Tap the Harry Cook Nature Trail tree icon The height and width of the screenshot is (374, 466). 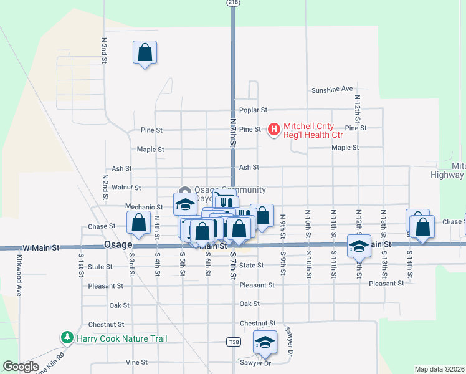click(x=67, y=338)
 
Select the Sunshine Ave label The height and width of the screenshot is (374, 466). click(x=332, y=89)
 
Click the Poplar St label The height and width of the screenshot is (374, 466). click(x=253, y=110)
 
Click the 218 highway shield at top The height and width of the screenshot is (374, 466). click(x=232, y=4)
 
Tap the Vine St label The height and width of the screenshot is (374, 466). click(x=136, y=362)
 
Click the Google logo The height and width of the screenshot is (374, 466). click(x=21, y=367)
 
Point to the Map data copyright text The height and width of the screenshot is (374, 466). click(x=439, y=369)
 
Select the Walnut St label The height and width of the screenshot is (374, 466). click(x=126, y=187)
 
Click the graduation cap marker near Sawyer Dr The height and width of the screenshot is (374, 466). click(x=265, y=342)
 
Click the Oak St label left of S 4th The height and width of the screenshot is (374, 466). click(x=119, y=305)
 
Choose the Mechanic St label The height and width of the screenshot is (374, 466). click(x=144, y=207)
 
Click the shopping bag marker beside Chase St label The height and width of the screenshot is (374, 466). click(x=138, y=223)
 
